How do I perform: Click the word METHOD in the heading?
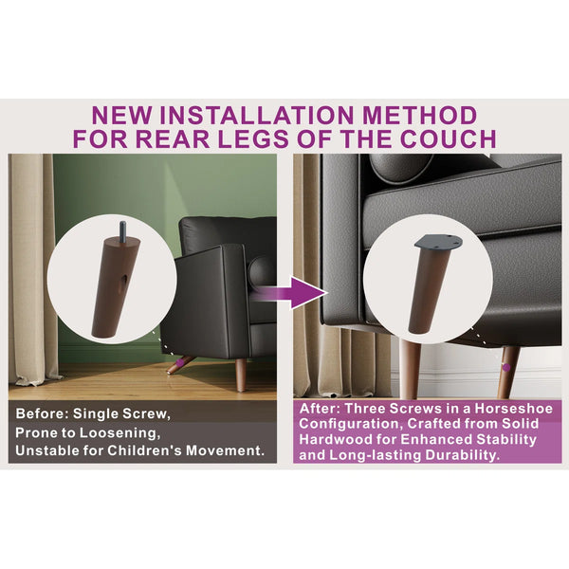click(419, 116)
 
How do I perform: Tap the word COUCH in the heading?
click(448, 138)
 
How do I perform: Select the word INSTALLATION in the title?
click(257, 116)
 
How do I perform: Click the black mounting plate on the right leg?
click(438, 242)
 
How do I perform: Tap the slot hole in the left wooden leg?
click(123, 280)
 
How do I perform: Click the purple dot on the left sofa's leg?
click(179, 362)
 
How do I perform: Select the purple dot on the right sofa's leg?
click(506, 368)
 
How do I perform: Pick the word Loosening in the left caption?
click(119, 433)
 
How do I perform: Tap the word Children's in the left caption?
click(145, 450)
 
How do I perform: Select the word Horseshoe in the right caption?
click(513, 409)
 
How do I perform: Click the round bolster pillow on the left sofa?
click(262, 270)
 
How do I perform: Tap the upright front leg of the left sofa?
click(241, 376)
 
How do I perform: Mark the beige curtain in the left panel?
click(31, 268)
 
